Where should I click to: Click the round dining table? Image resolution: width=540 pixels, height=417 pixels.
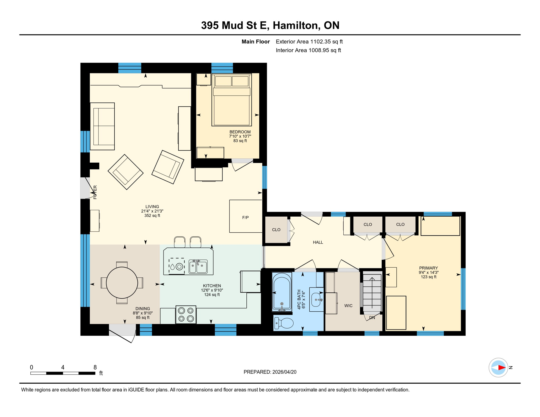122,283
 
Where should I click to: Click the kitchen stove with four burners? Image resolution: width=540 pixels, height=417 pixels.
186,314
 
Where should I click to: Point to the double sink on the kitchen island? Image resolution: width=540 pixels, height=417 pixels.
198,267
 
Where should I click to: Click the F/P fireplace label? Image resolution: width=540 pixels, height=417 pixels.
245,217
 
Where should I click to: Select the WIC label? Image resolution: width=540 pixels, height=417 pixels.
348,306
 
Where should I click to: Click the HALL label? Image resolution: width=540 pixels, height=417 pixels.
318,242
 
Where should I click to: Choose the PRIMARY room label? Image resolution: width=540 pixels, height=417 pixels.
428,268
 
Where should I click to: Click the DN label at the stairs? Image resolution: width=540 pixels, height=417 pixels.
372,318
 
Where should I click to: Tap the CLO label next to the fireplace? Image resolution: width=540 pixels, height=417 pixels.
276,230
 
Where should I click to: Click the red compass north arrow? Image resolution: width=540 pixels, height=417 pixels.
501,368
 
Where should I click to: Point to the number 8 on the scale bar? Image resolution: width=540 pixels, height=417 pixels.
95,367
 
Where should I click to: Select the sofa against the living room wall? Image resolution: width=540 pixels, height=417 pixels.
102,126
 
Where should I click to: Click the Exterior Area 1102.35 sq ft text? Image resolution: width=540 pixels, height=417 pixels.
309,42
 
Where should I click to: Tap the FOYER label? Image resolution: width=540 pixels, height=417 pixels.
95,192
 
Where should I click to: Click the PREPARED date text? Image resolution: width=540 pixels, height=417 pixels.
270,372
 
